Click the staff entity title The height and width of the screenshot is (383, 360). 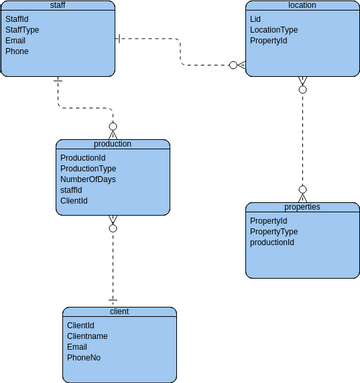[57, 6]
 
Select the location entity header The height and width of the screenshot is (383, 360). [301, 6]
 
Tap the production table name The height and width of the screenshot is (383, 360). [112, 144]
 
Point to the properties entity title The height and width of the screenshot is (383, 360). [301, 206]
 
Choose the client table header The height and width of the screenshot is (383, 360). [119, 312]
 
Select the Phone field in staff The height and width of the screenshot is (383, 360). [19, 51]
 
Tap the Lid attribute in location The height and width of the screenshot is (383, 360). [255, 19]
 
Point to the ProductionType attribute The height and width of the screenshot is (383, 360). [89, 168]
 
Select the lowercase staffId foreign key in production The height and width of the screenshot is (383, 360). [72, 190]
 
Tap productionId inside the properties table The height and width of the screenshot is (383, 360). [272, 242]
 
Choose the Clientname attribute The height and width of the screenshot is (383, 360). [89, 336]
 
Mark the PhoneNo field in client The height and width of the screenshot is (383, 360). [83, 358]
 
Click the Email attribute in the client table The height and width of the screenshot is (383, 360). [77, 347]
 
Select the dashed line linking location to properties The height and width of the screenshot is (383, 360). [301, 140]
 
